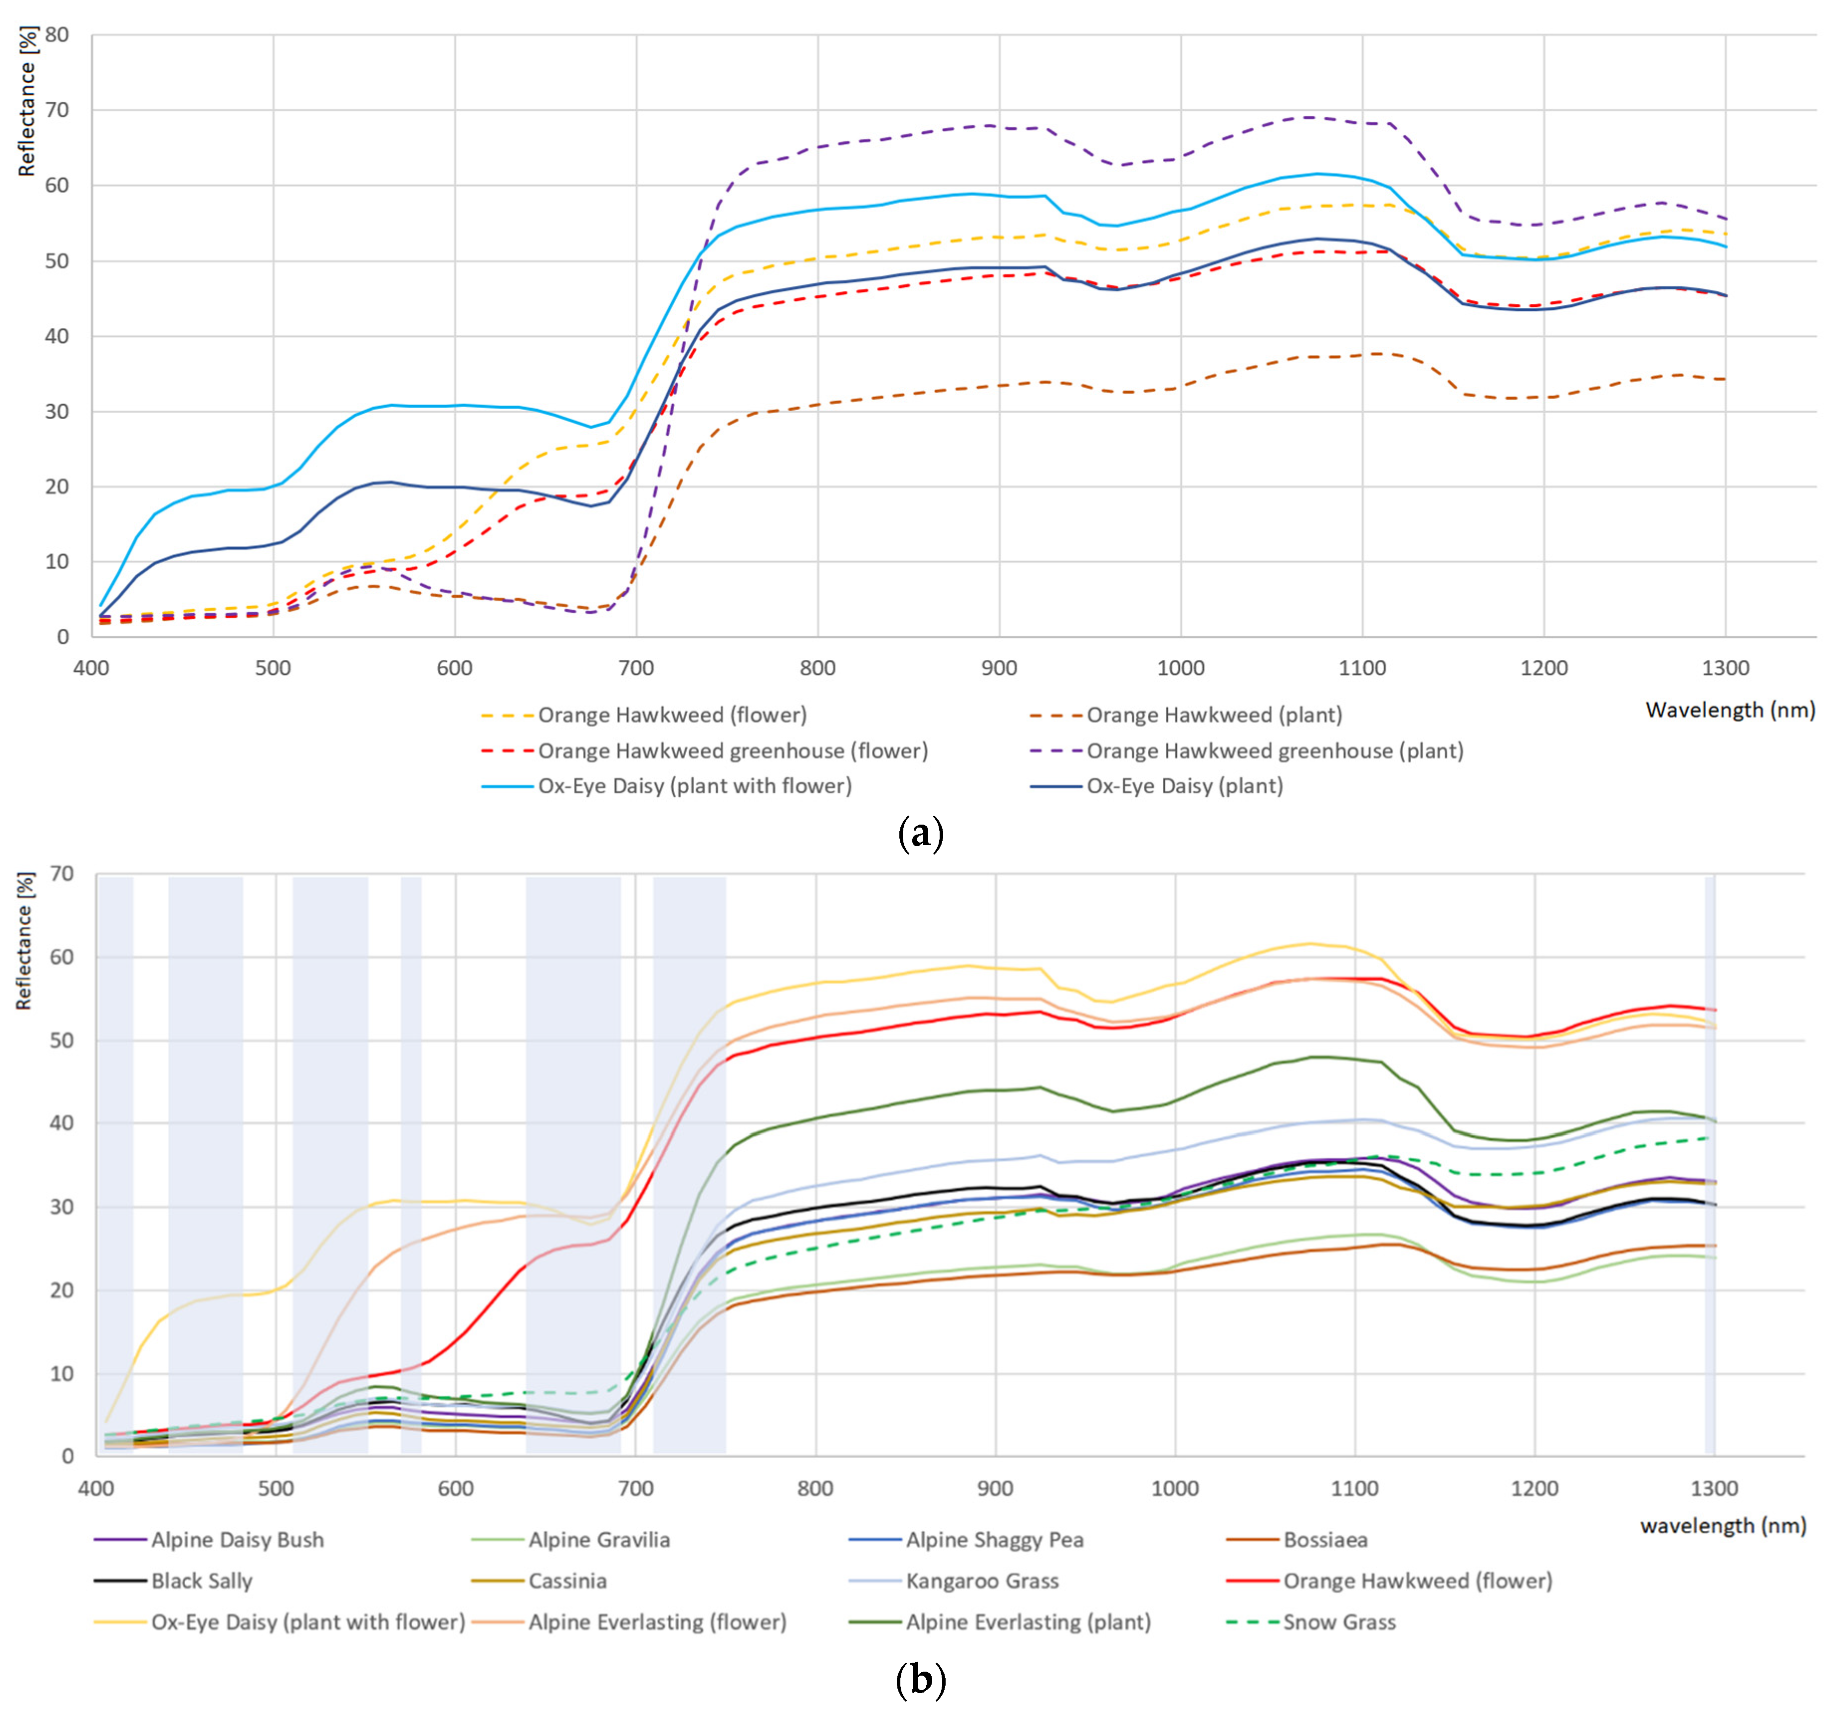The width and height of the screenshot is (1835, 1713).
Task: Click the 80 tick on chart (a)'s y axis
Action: [56, 35]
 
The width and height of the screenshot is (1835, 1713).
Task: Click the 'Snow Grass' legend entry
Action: [1311, 1622]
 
